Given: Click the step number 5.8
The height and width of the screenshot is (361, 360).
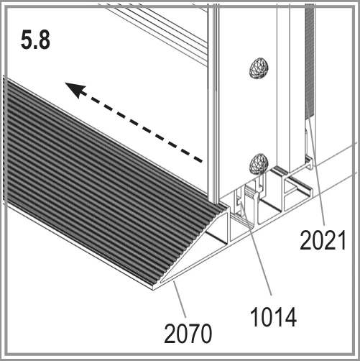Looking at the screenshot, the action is [x=35, y=40].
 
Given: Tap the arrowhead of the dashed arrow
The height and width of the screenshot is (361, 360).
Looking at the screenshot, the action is [x=75, y=90].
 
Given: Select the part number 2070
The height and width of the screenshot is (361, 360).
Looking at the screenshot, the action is [x=188, y=334].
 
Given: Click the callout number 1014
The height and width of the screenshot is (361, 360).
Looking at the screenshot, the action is [x=273, y=317].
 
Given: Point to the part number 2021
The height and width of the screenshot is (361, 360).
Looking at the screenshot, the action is [x=323, y=239].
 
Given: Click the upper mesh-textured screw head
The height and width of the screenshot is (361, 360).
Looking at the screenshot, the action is [x=259, y=68].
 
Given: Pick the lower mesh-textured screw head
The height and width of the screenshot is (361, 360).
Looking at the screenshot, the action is [x=259, y=163].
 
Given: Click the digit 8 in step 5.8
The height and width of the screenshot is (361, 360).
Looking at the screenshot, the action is [x=43, y=40].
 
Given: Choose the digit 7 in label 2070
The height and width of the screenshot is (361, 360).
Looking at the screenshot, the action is [x=194, y=334].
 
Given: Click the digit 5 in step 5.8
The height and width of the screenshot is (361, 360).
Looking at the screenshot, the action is [x=26, y=40].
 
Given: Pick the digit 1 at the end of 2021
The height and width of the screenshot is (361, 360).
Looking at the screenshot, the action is [x=341, y=239].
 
